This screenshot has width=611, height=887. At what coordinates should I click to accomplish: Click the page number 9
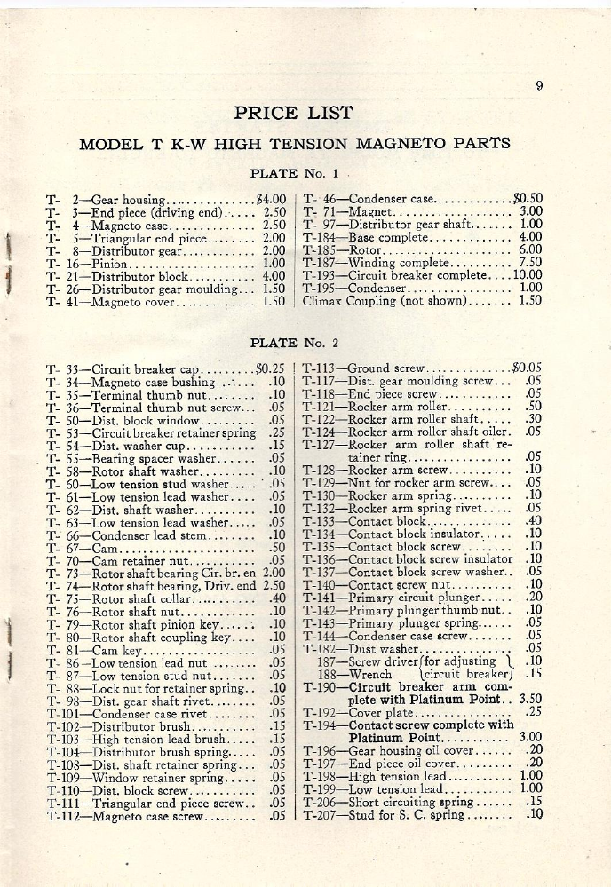[539, 86]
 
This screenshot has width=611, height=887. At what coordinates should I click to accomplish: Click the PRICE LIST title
[293, 113]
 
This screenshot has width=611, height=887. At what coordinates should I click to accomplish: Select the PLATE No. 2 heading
[294, 342]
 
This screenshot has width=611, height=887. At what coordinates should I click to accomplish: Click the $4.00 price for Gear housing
[269, 199]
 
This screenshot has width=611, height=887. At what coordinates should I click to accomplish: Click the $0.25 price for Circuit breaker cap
[268, 367]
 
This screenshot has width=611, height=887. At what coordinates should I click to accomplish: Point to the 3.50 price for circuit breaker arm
[530, 698]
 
